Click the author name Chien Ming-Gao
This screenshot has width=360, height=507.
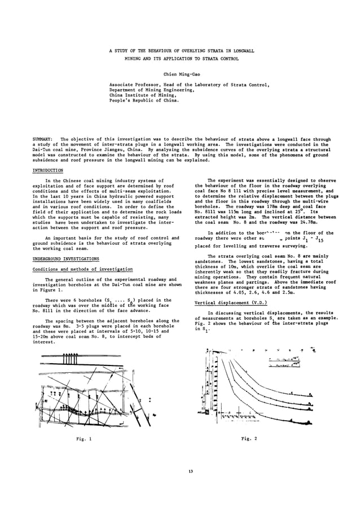click(x=179, y=73)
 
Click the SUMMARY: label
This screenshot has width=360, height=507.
click(x=42, y=139)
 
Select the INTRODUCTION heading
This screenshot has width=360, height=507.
click(x=48, y=169)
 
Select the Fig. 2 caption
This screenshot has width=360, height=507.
click(x=249, y=438)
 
